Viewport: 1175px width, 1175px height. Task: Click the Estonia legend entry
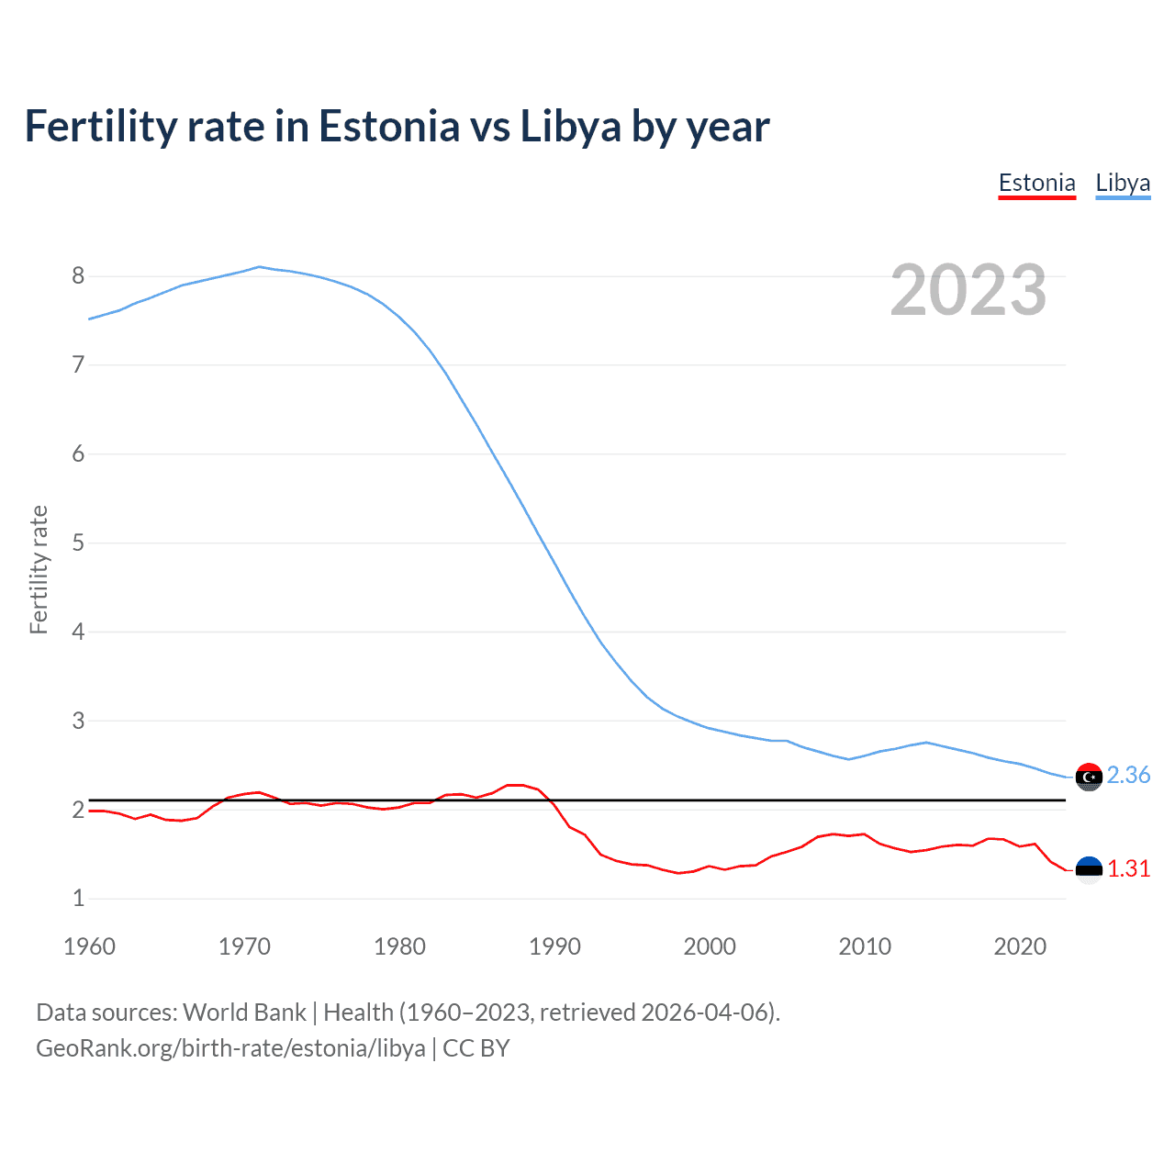[1036, 183]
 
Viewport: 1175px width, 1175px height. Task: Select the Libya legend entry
[1123, 183]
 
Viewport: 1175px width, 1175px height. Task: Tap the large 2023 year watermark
[968, 290]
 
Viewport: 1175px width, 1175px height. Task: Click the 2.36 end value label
[1128, 776]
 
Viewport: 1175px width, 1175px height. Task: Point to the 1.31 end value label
[1128, 868]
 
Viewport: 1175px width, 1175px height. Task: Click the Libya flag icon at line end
[1089, 777]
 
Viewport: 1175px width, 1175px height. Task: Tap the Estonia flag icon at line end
[1089, 869]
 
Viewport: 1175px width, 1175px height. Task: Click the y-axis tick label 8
[78, 276]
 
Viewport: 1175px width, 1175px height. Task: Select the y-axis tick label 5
[78, 543]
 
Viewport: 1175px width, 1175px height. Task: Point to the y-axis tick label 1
[78, 899]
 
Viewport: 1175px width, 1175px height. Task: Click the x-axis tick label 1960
[89, 946]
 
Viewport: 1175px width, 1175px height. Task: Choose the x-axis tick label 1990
[554, 946]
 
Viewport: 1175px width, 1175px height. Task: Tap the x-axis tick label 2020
[1020, 946]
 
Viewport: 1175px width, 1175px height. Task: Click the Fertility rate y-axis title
[39, 569]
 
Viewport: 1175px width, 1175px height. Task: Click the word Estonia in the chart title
[388, 126]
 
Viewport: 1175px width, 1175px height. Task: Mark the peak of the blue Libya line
[259, 267]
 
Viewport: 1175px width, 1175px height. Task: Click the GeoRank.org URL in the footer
[230, 1048]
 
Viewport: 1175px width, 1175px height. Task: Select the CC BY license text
[476, 1048]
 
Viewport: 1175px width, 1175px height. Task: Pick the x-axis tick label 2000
[710, 946]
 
